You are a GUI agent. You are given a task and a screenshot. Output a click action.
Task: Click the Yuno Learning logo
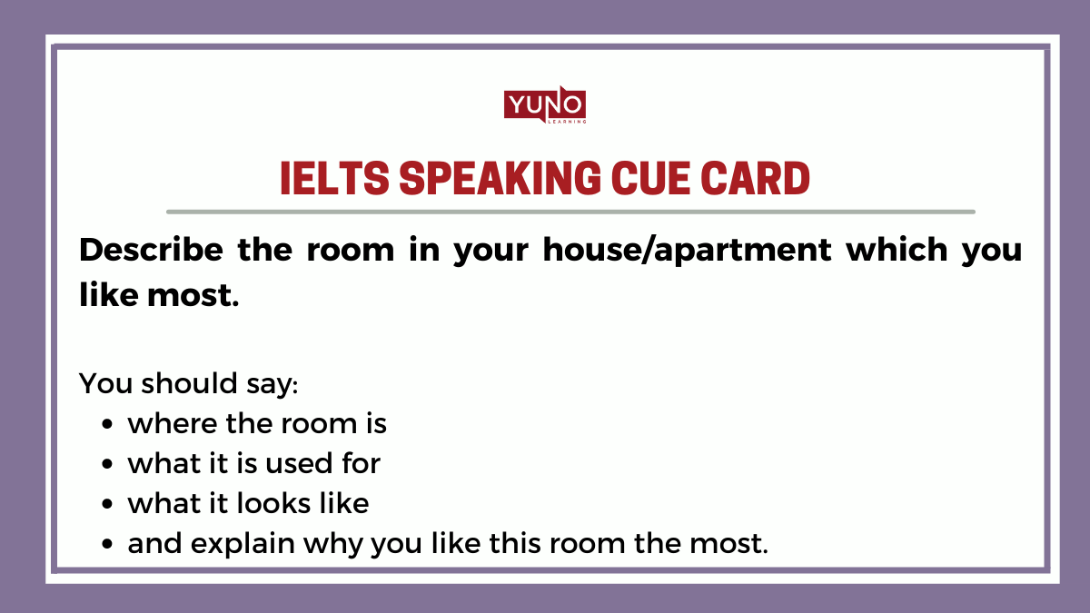545,105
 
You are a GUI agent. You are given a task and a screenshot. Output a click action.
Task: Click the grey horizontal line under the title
570,212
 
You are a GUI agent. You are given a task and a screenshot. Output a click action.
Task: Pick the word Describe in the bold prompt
150,251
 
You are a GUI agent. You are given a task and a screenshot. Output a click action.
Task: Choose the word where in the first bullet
168,423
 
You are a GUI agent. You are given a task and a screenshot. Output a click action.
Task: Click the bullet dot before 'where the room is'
108,425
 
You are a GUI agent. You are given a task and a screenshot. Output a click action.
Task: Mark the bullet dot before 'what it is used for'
108,464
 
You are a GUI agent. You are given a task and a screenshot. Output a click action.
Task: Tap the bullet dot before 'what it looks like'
108,504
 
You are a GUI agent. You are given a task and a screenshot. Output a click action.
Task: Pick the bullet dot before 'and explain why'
108,544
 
